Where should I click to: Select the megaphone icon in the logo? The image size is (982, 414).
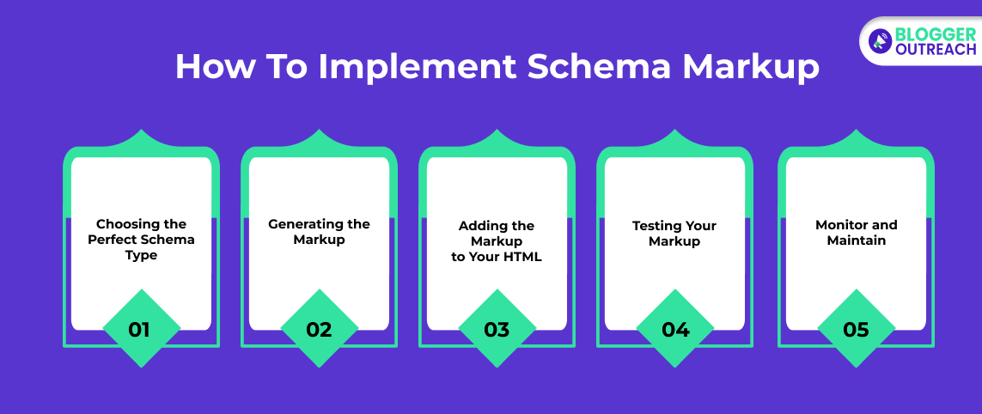click(x=881, y=40)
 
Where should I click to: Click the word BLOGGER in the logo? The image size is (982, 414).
click(x=936, y=33)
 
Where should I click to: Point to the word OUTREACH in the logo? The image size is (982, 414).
click(x=936, y=49)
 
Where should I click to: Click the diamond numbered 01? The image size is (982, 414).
click(x=142, y=328)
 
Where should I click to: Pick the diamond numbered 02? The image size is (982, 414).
click(x=320, y=328)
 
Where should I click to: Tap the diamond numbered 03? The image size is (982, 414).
click(x=497, y=328)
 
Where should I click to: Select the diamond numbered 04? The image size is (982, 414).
click(x=675, y=328)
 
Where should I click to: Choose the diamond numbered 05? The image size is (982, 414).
click(x=857, y=328)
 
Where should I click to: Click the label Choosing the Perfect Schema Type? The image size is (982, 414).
click(x=141, y=240)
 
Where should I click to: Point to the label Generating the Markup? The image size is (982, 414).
click(x=320, y=232)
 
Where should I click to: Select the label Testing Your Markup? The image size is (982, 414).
click(x=674, y=233)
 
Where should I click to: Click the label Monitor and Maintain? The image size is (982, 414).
click(x=856, y=232)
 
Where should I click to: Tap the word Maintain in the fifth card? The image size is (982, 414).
click(x=856, y=240)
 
